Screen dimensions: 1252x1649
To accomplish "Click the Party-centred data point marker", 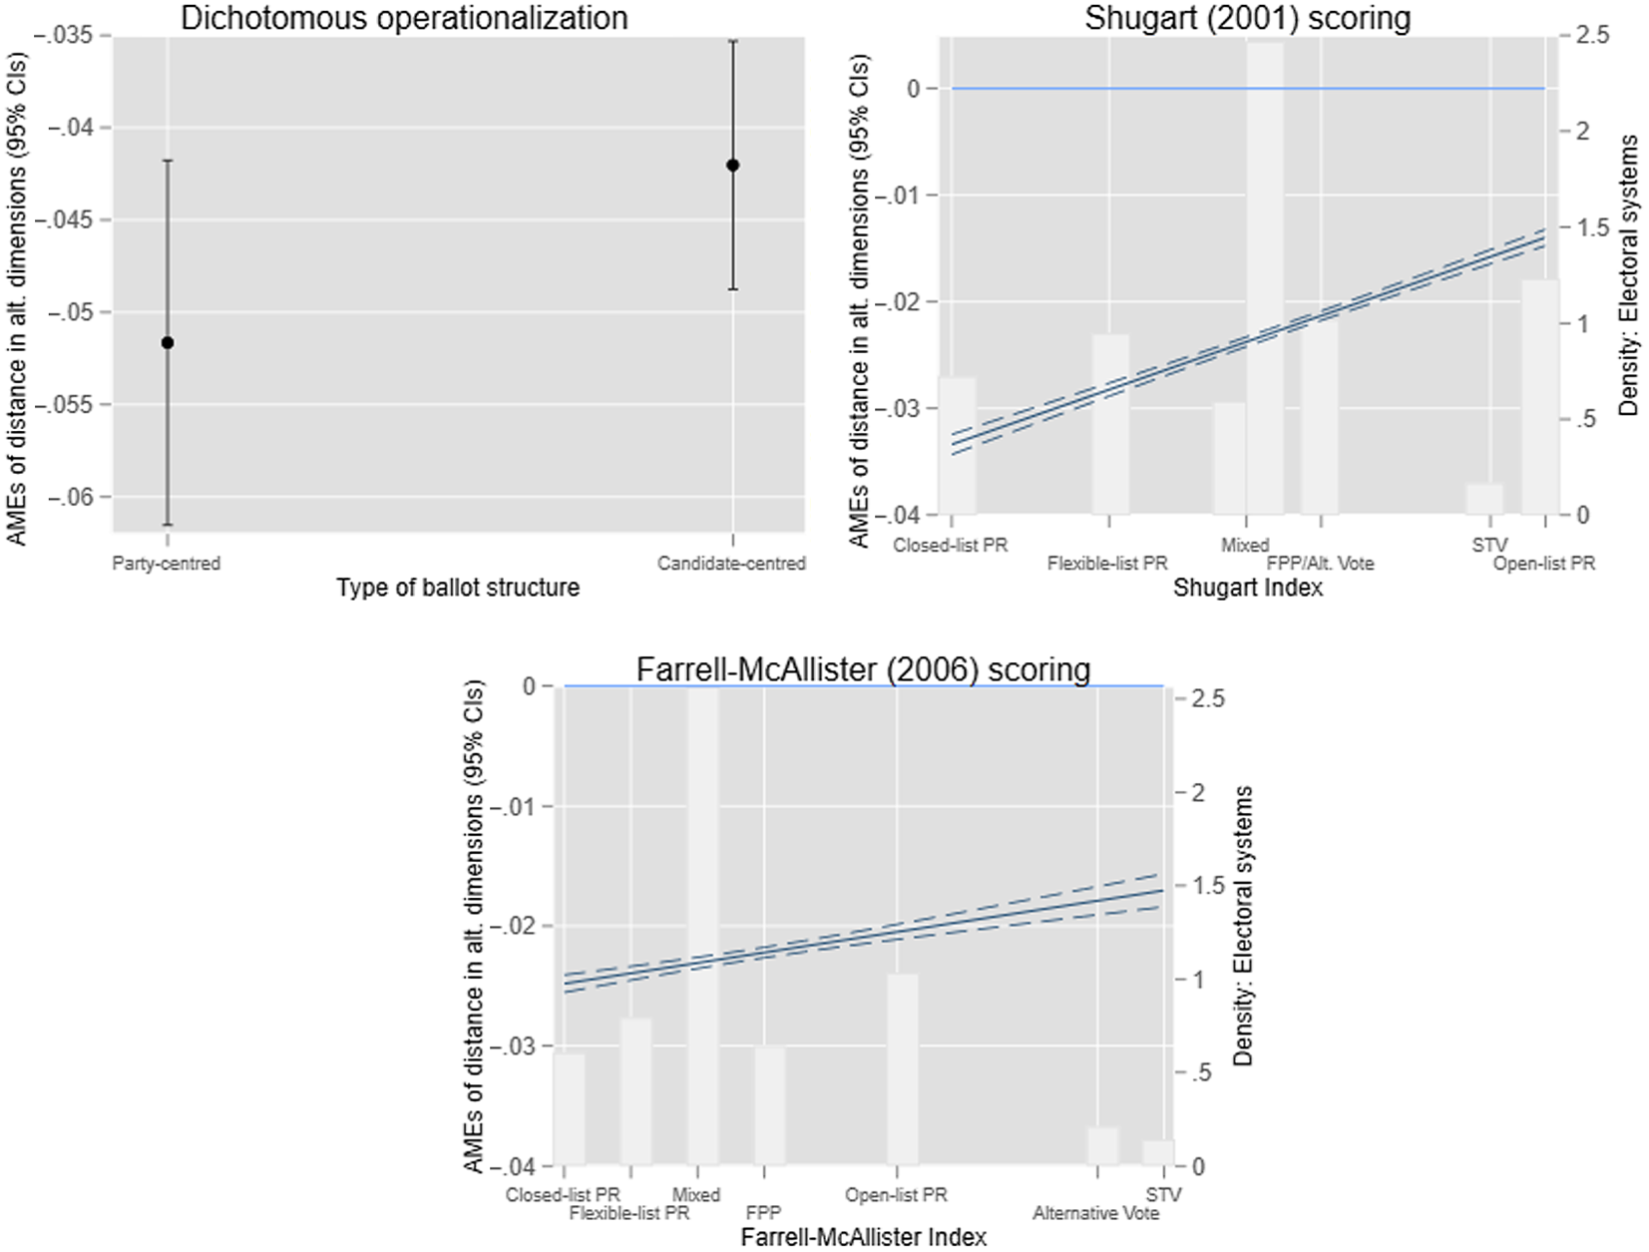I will click(168, 343).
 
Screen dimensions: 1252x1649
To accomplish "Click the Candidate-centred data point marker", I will click(733, 166).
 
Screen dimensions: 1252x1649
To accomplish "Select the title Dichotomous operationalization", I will click(404, 18).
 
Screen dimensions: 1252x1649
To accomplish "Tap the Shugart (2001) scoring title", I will click(1247, 18).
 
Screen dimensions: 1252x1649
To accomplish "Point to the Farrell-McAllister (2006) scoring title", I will click(863, 669).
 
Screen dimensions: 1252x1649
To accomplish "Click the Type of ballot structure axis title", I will click(457, 588).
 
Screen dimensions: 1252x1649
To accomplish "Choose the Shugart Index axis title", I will click(1247, 588).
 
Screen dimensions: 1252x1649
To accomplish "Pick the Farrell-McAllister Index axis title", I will click(863, 1237).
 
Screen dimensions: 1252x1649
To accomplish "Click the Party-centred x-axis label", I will click(166, 564).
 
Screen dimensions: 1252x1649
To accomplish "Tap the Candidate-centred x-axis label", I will click(731, 564).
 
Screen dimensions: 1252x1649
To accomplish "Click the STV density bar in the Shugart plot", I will click(1483, 499).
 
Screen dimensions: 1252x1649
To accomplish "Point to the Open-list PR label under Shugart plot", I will click(1543, 564).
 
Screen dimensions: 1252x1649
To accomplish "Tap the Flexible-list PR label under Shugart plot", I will click(1107, 564).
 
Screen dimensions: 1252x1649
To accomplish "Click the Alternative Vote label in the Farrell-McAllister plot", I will click(1095, 1213).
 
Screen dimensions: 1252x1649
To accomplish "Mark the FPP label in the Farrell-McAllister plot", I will click(763, 1213).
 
